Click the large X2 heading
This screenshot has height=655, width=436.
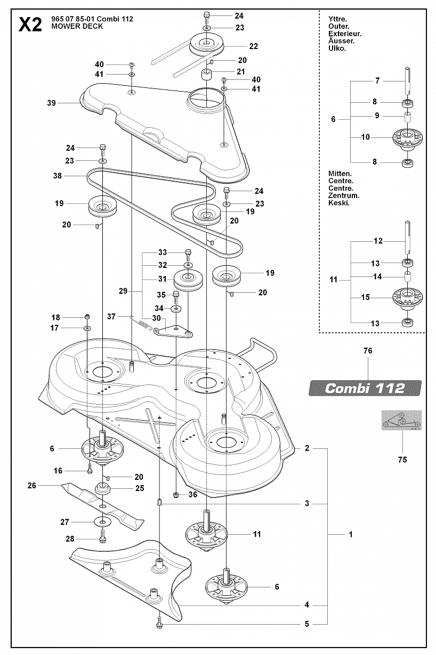pos(30,24)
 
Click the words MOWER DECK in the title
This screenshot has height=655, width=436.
pos(77,26)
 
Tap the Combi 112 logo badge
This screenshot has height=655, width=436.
pos(365,388)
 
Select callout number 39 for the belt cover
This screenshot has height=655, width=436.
pos(51,103)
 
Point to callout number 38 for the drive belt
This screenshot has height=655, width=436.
pos(58,176)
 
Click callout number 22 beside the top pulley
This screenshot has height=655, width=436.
pos(253,46)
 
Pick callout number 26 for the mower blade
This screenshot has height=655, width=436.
pos(31,486)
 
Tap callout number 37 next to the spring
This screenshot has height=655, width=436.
pos(111,316)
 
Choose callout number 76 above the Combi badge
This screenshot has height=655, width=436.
pos(368,350)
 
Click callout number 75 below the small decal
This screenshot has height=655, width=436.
pos(402,460)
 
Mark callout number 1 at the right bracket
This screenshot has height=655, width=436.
pos(351,534)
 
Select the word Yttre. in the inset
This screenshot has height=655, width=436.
pos(337,19)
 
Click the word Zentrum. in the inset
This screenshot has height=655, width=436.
pos(344,195)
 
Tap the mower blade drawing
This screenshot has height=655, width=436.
pos(102,502)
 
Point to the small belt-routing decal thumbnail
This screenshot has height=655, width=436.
pos(401,420)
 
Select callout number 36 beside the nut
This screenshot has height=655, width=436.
pos(192,494)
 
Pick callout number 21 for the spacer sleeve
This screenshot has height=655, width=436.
pos(240,72)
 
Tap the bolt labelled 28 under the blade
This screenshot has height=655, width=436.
pos(102,537)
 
